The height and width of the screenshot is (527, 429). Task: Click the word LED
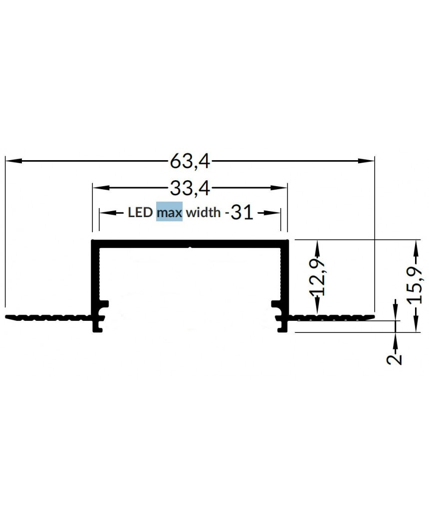point(140,213)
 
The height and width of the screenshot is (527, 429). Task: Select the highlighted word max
point(169,213)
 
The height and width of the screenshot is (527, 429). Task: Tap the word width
point(203,213)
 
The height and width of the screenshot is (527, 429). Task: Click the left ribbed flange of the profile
point(47,317)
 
